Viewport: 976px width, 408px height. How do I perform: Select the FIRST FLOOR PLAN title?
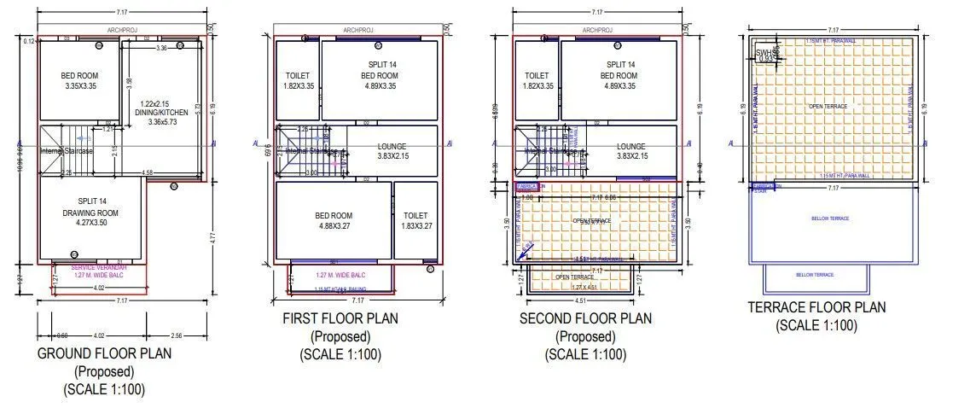tap(340, 318)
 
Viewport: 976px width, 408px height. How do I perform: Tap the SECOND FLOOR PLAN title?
tap(585, 318)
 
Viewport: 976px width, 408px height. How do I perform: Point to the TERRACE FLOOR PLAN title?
tap(816, 307)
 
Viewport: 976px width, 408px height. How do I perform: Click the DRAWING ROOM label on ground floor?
tap(90, 213)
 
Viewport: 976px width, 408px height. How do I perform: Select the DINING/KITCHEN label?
tap(162, 112)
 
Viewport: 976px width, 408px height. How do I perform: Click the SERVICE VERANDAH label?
tap(95, 267)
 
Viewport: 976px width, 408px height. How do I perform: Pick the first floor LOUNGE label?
tap(392, 147)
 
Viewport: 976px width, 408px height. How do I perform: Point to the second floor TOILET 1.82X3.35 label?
tap(537, 81)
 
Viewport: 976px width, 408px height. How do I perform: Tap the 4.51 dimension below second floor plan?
tap(580, 300)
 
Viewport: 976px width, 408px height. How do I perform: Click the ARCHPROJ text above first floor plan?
tap(359, 30)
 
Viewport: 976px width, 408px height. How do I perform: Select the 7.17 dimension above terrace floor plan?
tap(833, 30)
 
